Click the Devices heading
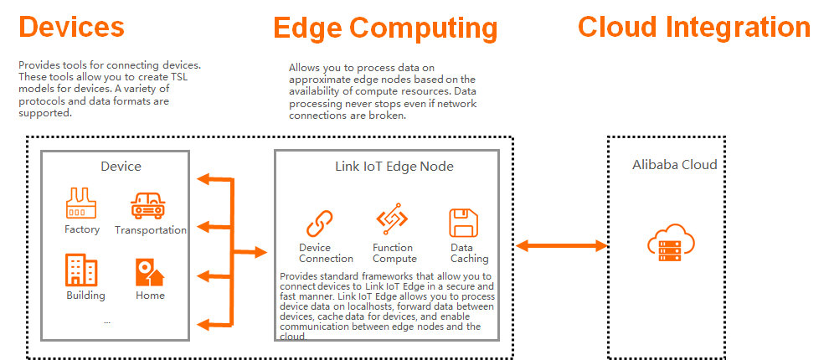(x=71, y=27)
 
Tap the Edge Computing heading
(x=385, y=28)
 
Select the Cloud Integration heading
(x=694, y=27)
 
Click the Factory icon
(x=82, y=204)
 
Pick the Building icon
(x=82, y=270)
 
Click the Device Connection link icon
(x=319, y=224)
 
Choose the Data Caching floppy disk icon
(x=464, y=224)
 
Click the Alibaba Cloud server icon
(x=672, y=243)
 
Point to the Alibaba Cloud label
(x=675, y=165)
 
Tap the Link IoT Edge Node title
(x=394, y=167)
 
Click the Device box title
(x=121, y=167)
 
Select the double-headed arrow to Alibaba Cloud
(x=561, y=245)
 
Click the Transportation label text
(x=151, y=230)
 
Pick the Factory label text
(x=82, y=229)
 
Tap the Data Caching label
(x=468, y=253)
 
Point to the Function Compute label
(x=394, y=253)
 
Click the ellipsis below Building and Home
(x=106, y=321)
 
